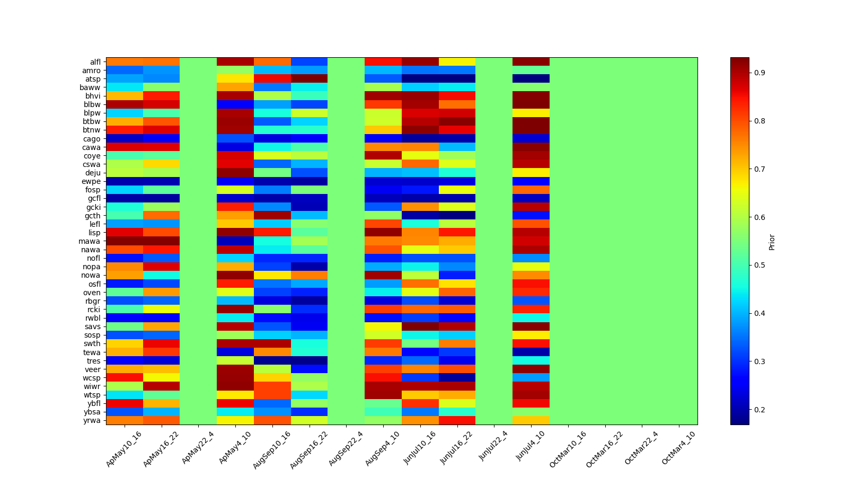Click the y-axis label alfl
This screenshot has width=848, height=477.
pyautogui.click(x=95, y=62)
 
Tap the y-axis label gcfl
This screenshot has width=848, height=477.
pyautogui.click(x=94, y=199)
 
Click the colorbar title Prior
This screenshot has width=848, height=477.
pyautogui.click(x=772, y=242)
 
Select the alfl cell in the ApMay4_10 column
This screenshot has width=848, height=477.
pyautogui.click(x=235, y=62)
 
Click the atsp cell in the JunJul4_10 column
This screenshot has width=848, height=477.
pyautogui.click(x=531, y=79)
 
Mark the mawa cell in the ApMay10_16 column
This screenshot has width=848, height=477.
pyautogui.click(x=125, y=241)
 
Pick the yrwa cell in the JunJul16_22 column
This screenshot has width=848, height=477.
pyautogui.click(x=457, y=420)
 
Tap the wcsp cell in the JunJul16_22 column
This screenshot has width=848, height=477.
pyautogui.click(x=457, y=377)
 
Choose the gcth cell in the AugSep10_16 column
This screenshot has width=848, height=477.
pyautogui.click(x=272, y=216)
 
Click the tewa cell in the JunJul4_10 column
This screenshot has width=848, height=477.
pyautogui.click(x=531, y=352)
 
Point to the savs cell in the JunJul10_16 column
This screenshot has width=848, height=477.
pyautogui.click(x=420, y=326)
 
